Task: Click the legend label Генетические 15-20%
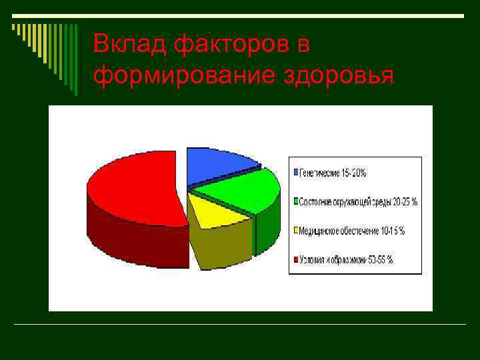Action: coord(333,173)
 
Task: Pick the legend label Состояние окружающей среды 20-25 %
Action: coord(359,201)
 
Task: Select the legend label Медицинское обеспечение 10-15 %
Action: coord(352,231)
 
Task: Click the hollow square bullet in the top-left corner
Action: coord(15,28)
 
